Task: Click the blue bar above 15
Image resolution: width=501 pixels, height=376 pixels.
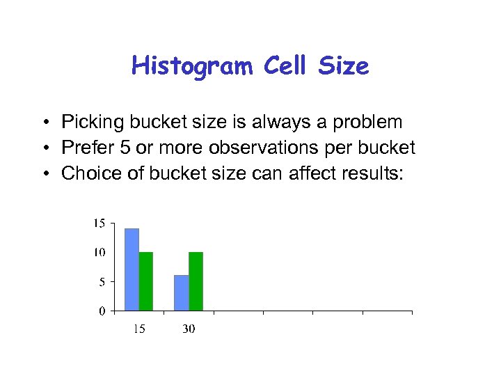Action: point(132,269)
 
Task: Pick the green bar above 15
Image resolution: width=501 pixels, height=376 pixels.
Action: point(146,281)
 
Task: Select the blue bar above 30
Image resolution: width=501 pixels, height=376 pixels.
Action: point(181,293)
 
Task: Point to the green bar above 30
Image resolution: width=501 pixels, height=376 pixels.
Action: point(196,281)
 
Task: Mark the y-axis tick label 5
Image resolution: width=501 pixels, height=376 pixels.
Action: point(102,282)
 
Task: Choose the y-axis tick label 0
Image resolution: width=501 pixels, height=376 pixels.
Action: point(102,311)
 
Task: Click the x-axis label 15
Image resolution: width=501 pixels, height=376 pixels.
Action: point(139,329)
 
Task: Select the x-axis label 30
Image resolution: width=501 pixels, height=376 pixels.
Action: point(189,329)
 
